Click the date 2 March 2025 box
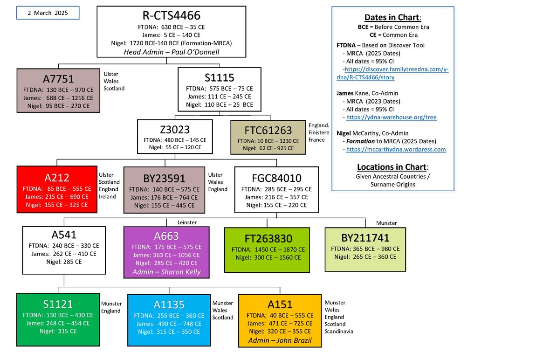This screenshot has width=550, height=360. pos(48,13)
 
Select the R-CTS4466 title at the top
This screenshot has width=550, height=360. pos(171,15)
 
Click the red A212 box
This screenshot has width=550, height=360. pos(57,190)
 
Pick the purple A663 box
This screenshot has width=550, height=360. pos(167,252)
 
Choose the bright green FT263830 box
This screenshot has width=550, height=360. pos(267,249)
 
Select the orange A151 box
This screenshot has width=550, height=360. pos(280,320)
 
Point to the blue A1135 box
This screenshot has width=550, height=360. pos(169,320)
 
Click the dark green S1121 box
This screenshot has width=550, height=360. pos(58,319)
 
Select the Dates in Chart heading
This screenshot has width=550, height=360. pos(392,18)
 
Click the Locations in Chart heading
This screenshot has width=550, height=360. pos(392,167)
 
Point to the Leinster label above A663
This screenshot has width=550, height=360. pos(187,223)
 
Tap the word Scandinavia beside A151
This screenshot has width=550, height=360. pos(339,332)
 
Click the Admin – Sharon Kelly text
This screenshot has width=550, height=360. pos(167,272)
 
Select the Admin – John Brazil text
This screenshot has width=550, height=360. pos(280,340)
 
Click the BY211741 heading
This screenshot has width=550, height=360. pos(365,238)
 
